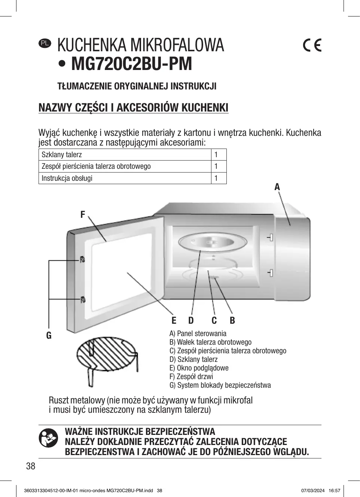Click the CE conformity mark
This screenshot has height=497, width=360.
(312, 45)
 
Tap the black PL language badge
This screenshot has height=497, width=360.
(45, 43)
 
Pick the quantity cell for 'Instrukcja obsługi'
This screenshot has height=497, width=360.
(219, 178)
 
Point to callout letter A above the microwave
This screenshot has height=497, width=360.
(277, 187)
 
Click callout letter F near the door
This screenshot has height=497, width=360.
(83, 214)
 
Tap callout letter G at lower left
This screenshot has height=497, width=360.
(49, 335)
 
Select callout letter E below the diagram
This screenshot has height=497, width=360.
(174, 320)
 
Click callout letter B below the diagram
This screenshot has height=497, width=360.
(232, 320)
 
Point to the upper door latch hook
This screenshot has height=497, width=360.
(82, 259)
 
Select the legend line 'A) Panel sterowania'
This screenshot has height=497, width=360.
(198, 333)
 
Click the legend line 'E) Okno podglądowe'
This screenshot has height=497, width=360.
(199, 368)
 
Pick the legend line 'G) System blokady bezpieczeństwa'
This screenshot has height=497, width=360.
(220, 385)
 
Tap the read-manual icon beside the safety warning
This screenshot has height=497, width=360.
(48, 438)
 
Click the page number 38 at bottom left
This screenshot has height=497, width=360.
(31, 466)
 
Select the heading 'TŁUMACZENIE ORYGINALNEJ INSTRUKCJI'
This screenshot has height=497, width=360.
(137, 86)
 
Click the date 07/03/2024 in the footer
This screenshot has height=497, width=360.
(313, 491)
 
